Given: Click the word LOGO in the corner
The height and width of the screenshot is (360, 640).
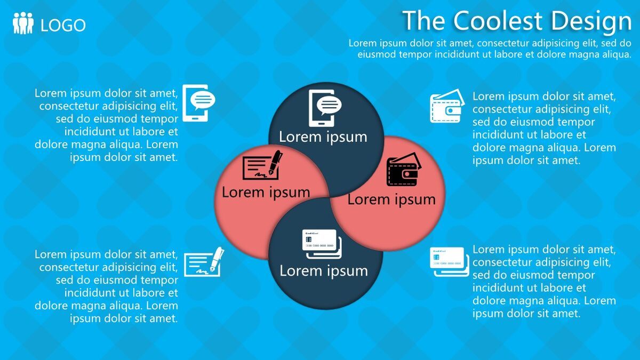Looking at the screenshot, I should [x=63, y=25].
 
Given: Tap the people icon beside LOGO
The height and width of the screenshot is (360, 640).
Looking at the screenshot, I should [x=23, y=24].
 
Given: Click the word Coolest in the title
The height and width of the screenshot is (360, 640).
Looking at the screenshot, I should [x=498, y=21].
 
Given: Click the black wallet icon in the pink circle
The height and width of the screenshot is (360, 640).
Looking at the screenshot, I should [x=404, y=170].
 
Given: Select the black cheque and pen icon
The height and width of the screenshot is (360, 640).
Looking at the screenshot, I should [x=262, y=166].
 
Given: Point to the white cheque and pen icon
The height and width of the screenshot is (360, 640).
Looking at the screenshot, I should [x=204, y=262].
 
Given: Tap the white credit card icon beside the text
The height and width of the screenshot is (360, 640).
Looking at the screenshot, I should [x=449, y=262].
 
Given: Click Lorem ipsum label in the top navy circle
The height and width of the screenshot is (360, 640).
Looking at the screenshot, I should [x=323, y=137].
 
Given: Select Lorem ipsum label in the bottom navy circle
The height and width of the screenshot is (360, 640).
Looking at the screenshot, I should [x=324, y=270].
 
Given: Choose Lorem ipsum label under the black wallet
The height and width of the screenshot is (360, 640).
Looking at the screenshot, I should [x=391, y=199].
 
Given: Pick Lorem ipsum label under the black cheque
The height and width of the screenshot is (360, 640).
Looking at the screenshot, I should [x=266, y=192].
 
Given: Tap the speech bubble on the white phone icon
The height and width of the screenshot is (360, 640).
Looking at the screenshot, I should [x=203, y=100].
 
